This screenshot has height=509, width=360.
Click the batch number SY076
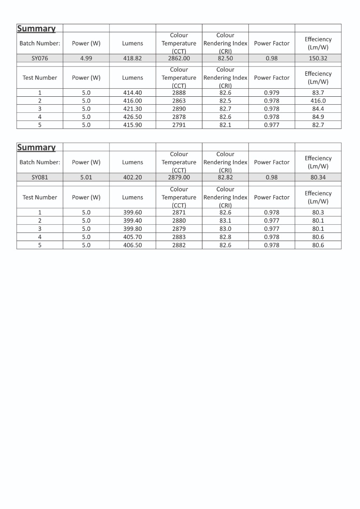click(40, 59)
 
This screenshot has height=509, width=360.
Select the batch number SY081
click(40, 177)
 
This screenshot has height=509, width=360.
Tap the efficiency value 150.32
click(318, 59)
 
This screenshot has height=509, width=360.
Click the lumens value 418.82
click(132, 59)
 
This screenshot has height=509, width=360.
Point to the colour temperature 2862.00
click(179, 59)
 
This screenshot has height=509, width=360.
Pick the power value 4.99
click(86, 59)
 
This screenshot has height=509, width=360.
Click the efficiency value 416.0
click(318, 101)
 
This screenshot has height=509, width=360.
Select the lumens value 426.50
click(132, 117)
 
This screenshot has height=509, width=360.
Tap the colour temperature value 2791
click(179, 125)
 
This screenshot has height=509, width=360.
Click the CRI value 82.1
click(225, 125)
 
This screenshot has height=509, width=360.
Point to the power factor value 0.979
click(272, 93)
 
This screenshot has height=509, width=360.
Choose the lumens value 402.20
click(132, 177)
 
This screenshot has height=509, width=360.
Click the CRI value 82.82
click(225, 177)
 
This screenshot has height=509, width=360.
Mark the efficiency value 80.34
click(318, 177)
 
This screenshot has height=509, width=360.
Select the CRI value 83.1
click(225, 221)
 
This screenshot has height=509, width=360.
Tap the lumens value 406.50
click(132, 245)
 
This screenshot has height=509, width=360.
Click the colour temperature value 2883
click(179, 237)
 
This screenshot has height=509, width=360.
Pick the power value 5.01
click(86, 177)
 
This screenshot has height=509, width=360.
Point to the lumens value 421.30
click(132, 109)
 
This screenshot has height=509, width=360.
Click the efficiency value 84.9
click(318, 117)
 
